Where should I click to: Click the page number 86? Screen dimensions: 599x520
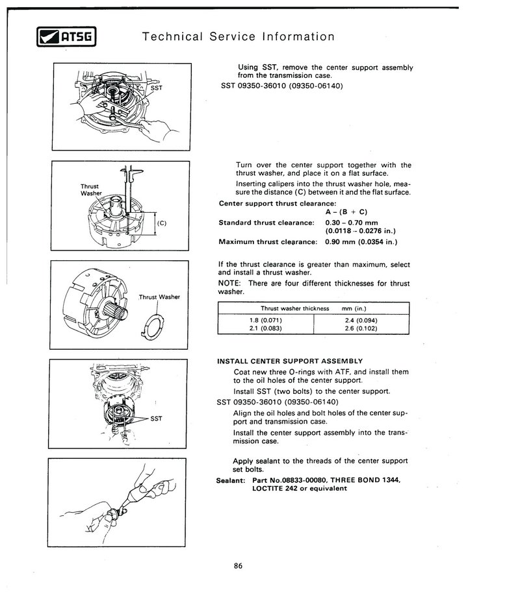pos(238,566)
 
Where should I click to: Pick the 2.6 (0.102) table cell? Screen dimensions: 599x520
pos(361,328)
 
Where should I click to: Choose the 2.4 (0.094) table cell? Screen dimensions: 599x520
pos(361,320)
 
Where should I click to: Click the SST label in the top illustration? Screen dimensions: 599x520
pos(157,88)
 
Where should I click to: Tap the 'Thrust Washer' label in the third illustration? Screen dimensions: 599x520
pos(159,297)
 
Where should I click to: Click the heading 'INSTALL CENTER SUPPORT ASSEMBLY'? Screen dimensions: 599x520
pos(289,361)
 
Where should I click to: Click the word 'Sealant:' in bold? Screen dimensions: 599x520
pos(231,480)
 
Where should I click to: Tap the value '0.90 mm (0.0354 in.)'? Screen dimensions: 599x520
pos(361,242)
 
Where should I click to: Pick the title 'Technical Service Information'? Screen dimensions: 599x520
pos(238,36)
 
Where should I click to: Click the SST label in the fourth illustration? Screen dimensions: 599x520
pos(156,419)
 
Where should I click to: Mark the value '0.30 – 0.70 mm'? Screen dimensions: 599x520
pos(351,223)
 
